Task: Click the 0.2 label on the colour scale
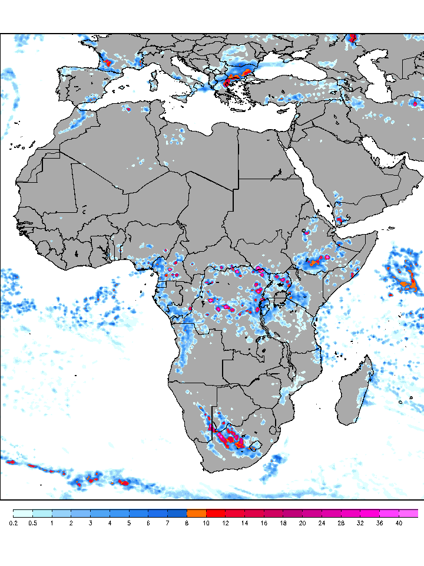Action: coord(13,523)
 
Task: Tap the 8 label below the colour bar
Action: coord(187,523)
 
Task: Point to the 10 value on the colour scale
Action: coord(206,523)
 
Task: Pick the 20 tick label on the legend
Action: coord(302,523)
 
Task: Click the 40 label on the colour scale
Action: coord(399,523)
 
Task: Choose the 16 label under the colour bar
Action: coord(264,523)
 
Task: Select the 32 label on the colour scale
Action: coord(360,523)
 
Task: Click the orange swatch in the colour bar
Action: coord(196,513)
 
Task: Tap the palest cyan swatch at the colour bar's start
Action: coord(22,513)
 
